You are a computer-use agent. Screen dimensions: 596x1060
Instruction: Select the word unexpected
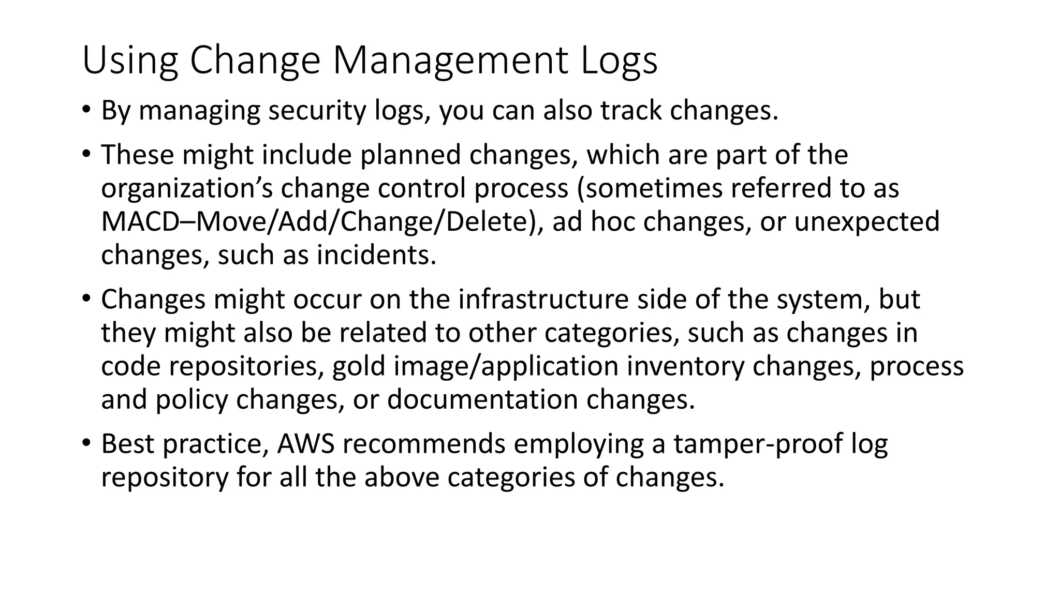pos(866,221)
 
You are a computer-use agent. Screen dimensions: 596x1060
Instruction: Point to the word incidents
pos(376,255)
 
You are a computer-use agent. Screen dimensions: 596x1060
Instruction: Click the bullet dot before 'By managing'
pos(86,110)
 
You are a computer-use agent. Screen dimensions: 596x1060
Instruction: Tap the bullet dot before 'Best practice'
pos(86,442)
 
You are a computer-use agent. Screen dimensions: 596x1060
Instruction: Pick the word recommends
pos(424,443)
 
